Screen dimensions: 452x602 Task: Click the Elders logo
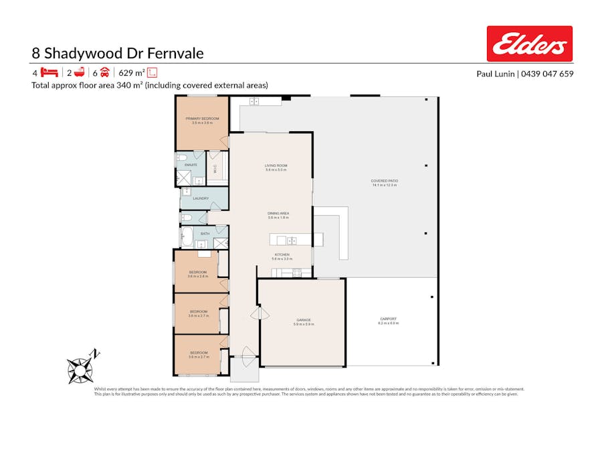pos(529,44)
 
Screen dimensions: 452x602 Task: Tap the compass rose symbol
pos(81,368)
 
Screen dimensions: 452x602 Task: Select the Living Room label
pos(276,167)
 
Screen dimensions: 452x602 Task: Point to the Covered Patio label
pos(384,182)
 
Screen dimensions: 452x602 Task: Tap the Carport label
pos(388,320)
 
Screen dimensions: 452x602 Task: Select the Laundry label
pos(201,198)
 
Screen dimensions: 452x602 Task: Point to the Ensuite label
pos(191,164)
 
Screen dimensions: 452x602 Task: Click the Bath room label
pos(205,233)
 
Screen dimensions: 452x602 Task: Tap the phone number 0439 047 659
pos(548,74)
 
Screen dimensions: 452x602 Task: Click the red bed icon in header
pos(49,72)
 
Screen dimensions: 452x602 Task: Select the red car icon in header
pos(105,72)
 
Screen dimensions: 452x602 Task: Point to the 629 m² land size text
pos(132,72)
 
